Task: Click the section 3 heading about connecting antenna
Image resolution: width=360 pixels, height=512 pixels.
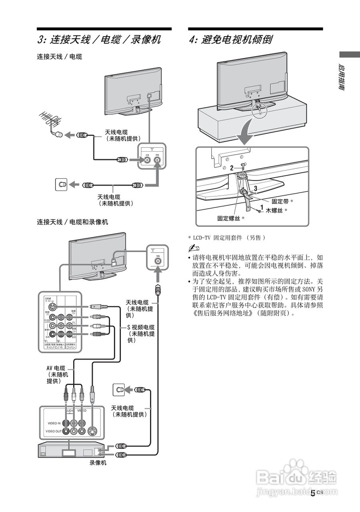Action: (99, 40)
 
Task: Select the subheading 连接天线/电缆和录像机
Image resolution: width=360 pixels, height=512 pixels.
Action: (72, 222)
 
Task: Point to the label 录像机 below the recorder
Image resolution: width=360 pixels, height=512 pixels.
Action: (98, 464)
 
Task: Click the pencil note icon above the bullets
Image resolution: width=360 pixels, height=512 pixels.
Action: (194, 248)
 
